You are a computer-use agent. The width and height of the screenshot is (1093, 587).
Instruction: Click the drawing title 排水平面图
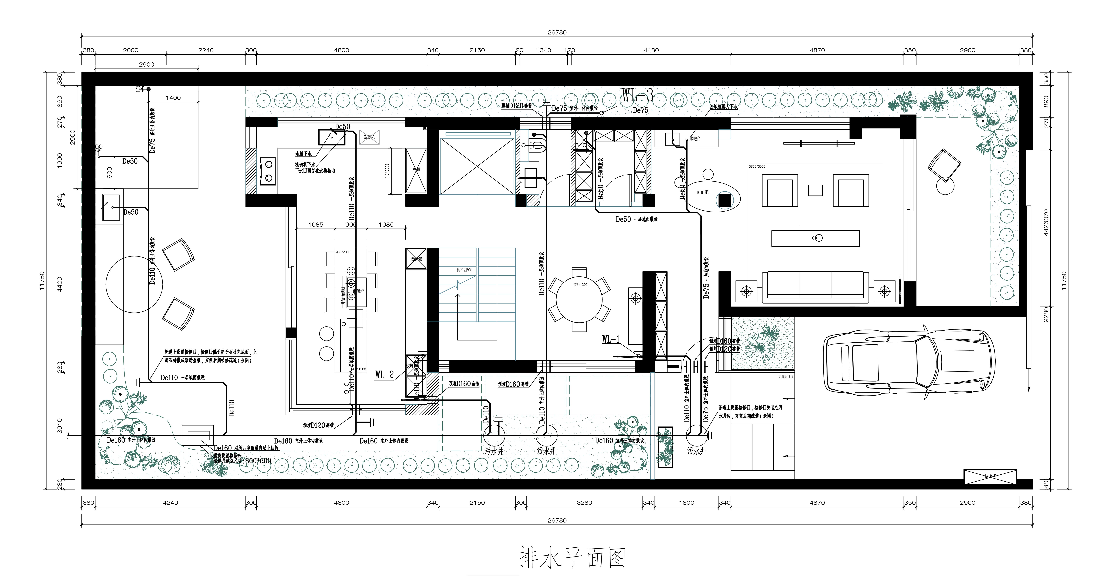click(573, 558)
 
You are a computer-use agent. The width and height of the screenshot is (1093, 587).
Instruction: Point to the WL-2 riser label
click(384, 374)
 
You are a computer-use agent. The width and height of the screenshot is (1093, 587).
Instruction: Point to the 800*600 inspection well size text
click(258, 461)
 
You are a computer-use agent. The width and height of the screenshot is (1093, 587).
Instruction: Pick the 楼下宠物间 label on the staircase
click(464, 270)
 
